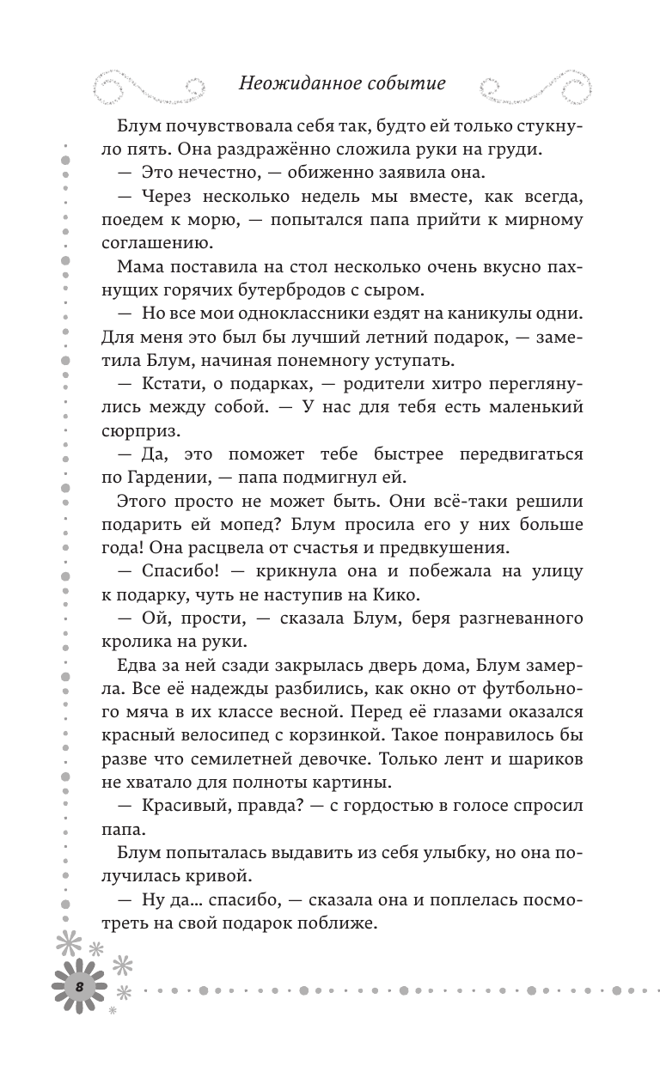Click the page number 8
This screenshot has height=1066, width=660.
[78, 985]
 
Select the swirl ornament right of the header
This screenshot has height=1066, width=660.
[541, 84]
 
